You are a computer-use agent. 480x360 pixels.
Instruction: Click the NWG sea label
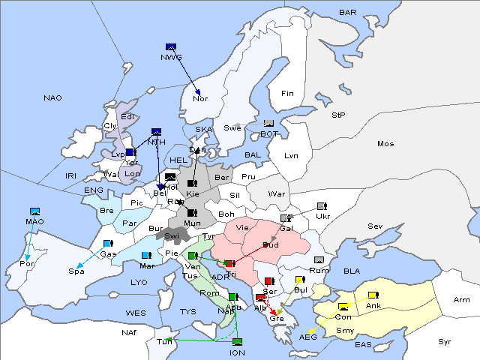pyautogui.click(x=171, y=58)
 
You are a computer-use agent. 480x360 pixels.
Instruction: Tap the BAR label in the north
pyautogui.click(x=347, y=13)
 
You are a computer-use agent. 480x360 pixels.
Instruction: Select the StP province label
pyautogui.click(x=338, y=115)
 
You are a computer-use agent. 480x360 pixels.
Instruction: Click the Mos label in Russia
pyautogui.click(x=385, y=143)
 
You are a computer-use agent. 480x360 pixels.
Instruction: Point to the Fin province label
pyautogui.click(x=286, y=94)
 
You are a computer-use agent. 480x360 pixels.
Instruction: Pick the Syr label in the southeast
pyautogui.click(x=445, y=341)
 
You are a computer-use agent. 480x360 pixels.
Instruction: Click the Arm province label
pyautogui.click(x=462, y=300)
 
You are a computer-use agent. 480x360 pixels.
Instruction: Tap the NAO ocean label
pyautogui.click(x=52, y=97)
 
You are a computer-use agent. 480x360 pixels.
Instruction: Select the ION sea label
pyautogui.click(x=237, y=352)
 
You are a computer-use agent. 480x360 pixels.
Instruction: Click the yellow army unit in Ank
pyautogui.click(x=373, y=295)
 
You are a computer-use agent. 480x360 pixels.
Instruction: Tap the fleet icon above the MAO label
pyautogui.click(x=34, y=212)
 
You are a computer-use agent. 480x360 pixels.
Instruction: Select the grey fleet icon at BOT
pyautogui.click(x=268, y=124)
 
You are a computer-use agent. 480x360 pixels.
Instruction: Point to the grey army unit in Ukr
pyautogui.click(x=322, y=206)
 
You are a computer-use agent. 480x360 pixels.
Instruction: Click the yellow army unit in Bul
pyautogui.click(x=300, y=280)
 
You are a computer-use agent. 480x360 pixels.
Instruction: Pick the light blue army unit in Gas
pyautogui.click(x=107, y=244)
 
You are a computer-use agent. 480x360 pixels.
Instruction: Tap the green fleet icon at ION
pyautogui.click(x=237, y=343)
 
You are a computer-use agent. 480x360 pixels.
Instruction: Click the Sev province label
pyautogui.click(x=375, y=226)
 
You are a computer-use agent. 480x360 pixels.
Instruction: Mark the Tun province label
pyautogui.click(x=163, y=341)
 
